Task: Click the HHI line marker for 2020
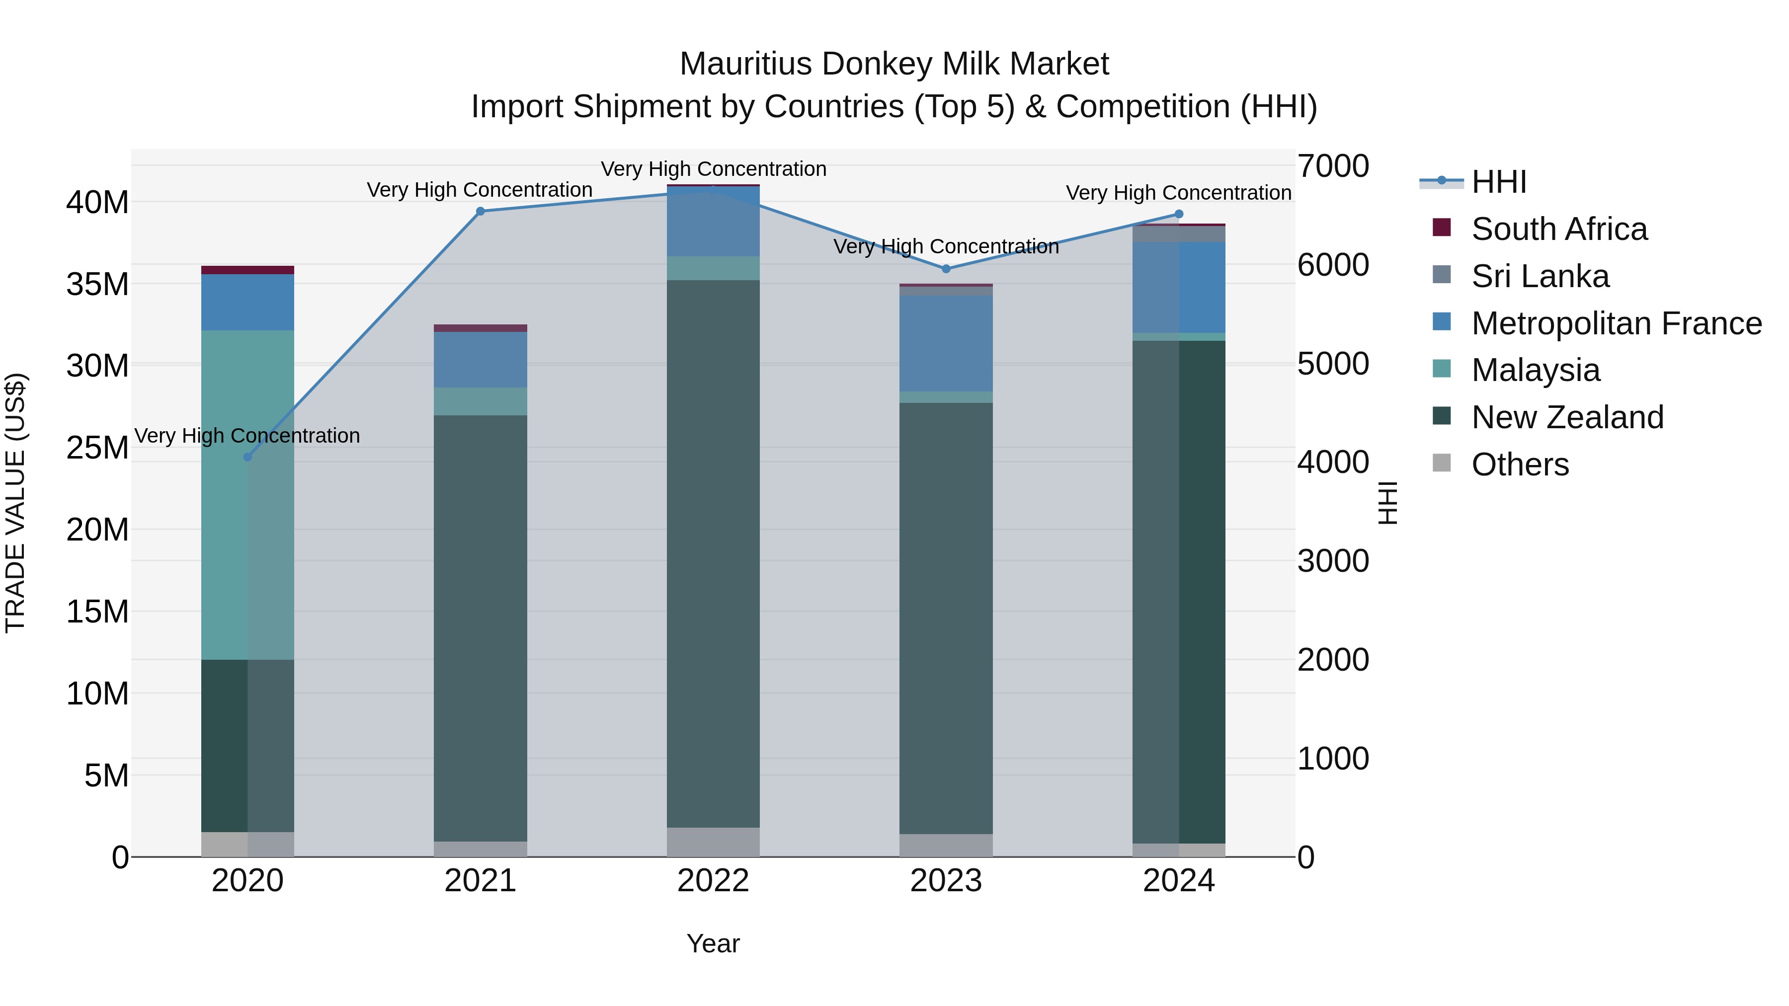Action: (247, 457)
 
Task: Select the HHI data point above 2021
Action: (480, 211)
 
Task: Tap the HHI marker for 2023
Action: (946, 269)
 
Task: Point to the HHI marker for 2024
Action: (1179, 214)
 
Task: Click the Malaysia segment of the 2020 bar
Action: (247, 494)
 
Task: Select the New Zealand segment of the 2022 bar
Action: (713, 553)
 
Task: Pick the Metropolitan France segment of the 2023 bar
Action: (946, 344)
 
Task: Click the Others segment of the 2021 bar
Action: (480, 849)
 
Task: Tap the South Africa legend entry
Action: (1558, 229)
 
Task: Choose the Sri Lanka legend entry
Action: (1540, 276)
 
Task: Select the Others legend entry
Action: (1520, 464)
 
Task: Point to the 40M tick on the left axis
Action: (97, 203)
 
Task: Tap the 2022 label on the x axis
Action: (713, 881)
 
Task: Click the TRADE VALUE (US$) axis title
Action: (15, 503)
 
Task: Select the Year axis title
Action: (713, 943)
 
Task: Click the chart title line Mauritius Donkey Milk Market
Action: (894, 64)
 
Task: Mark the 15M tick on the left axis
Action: (97, 612)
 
